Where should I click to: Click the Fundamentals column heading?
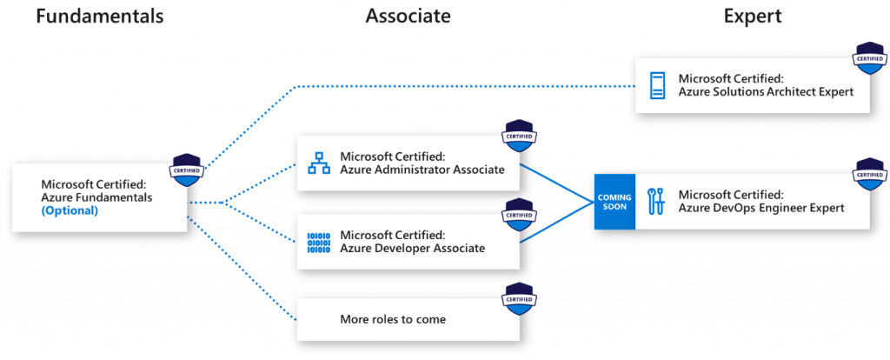99,17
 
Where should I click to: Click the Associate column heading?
408,17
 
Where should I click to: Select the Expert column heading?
753,17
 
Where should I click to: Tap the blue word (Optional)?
70,210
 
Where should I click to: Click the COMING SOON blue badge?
614,202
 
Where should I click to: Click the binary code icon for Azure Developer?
319,243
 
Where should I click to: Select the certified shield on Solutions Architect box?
870,58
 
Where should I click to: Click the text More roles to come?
393,319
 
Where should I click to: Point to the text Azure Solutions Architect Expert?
766,92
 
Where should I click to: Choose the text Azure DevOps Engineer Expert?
760,208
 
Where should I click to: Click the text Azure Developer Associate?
413,249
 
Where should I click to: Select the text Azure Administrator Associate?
422,170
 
